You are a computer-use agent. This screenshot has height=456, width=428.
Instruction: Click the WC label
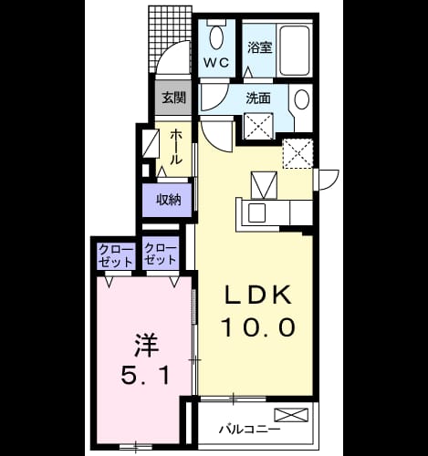pos(216,63)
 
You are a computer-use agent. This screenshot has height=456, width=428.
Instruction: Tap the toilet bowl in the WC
pos(216,36)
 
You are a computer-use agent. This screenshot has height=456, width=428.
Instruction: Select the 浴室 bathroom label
pos(259,47)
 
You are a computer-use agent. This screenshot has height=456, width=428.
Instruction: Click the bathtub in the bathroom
pos(295,51)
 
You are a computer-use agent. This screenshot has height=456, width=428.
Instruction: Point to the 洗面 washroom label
pos(258,98)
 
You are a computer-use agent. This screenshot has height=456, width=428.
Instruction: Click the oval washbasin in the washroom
pos(302,99)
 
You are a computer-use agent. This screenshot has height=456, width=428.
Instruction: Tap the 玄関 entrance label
pos(173,98)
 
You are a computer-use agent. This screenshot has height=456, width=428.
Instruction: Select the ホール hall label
pos(176,147)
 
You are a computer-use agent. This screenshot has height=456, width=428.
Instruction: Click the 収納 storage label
pos(169,200)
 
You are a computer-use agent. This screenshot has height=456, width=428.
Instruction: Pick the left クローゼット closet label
pos(117,256)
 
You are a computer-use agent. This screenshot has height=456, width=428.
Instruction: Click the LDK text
pos(257,295)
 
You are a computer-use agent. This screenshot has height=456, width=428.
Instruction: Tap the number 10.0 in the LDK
pos(259,327)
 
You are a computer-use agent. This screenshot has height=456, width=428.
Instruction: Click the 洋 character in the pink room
pos(147,346)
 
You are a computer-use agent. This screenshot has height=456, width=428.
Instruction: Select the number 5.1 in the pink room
pos(145,375)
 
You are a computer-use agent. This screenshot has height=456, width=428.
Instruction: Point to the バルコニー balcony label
pos(249,429)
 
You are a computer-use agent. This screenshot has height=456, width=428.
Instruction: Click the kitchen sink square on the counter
pos(256,212)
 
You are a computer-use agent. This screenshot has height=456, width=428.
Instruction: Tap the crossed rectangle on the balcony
pos(291,415)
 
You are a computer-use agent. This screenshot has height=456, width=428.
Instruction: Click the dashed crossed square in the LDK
pos(298,153)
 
